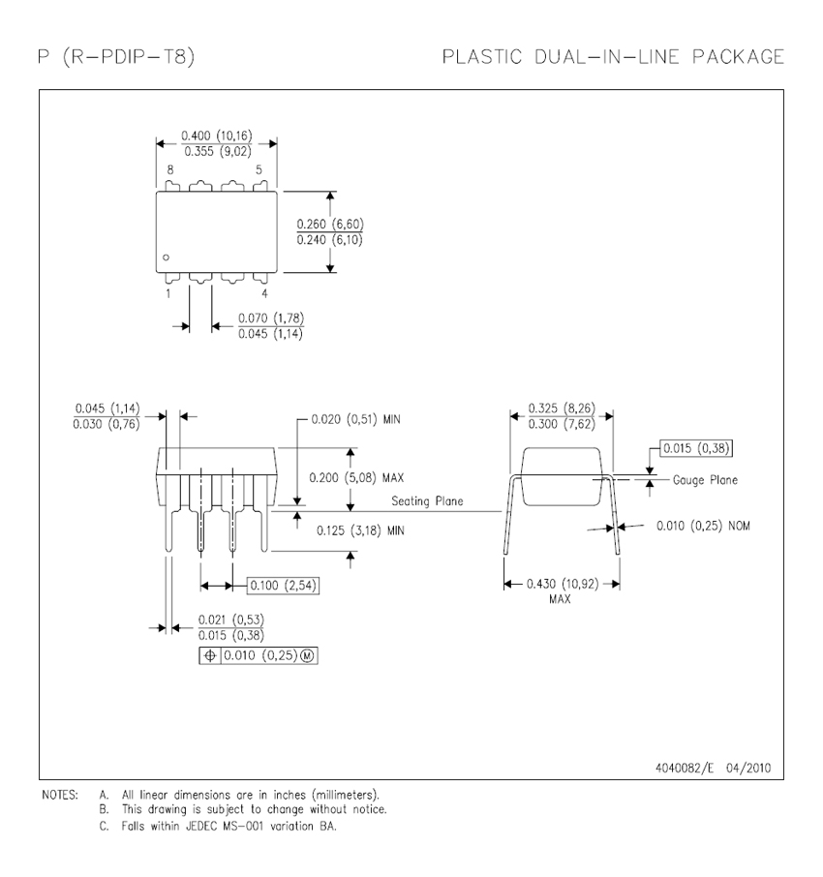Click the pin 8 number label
coord(169,169)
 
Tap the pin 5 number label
coord(259,169)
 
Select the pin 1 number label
coord(168,292)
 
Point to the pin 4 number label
coord(264,292)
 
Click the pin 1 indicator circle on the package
coord(167,257)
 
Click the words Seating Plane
coord(427,501)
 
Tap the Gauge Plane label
coord(705,480)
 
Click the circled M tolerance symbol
coord(309,656)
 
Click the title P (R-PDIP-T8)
coord(115,57)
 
